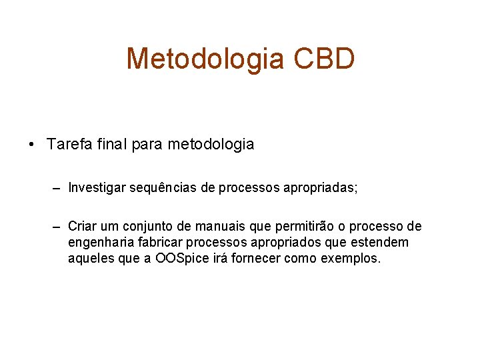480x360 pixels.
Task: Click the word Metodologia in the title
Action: [x=204, y=59]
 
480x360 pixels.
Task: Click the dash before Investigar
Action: [x=58, y=189]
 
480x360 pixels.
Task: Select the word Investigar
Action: [x=99, y=189]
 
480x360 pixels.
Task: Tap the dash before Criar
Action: [x=58, y=227]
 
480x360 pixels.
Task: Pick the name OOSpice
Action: [x=183, y=259]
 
